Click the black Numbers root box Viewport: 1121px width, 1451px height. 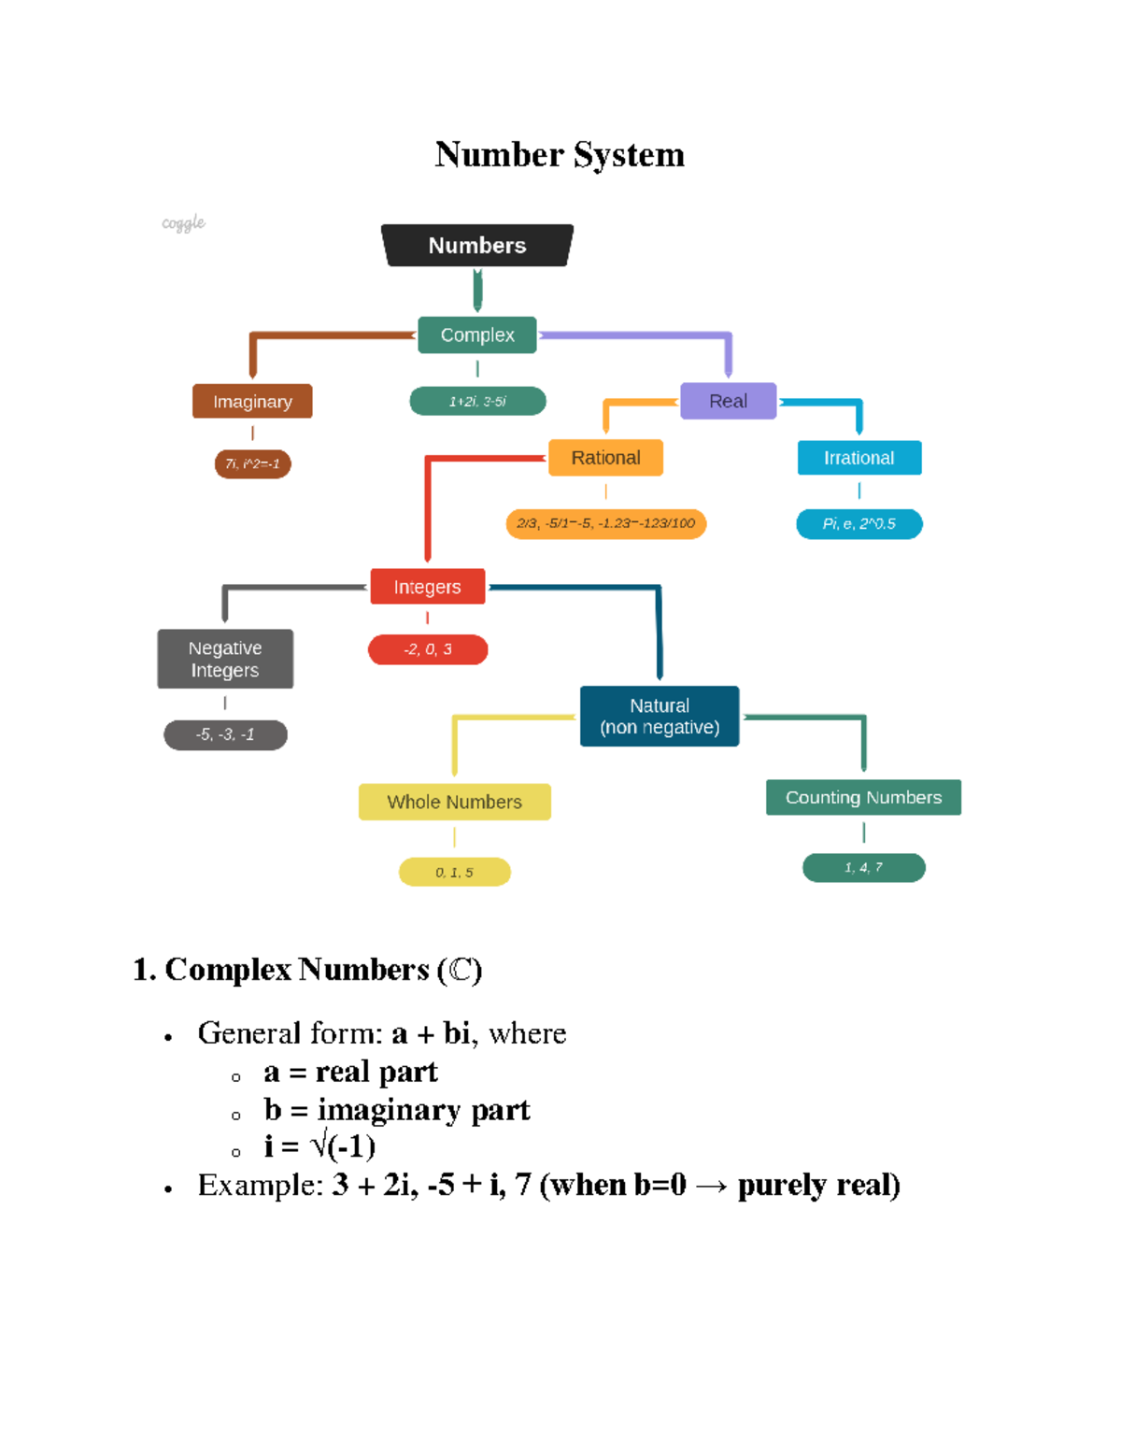[477, 246]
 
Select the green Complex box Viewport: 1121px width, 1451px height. [477, 334]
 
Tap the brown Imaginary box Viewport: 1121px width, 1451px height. [252, 401]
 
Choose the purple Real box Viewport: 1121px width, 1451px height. [728, 401]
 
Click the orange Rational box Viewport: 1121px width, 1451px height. [605, 458]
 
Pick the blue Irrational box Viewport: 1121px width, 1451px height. [858, 458]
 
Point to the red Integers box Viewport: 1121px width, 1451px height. [427, 587]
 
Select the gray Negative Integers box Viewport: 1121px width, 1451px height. [225, 659]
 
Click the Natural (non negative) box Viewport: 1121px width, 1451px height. [660, 717]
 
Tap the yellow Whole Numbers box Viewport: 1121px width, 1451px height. [454, 802]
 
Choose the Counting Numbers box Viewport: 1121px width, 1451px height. [863, 797]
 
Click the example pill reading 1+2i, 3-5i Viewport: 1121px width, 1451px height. [477, 401]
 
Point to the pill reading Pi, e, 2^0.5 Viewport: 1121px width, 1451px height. [858, 524]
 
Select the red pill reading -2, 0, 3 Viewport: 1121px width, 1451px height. [428, 649]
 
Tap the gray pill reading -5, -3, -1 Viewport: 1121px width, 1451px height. [225, 734]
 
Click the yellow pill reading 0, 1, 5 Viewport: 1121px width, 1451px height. [454, 872]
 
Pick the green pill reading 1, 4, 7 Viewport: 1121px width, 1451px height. [863, 867]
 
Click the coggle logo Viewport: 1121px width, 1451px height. [183, 223]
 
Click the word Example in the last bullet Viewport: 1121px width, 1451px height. [260, 1185]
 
